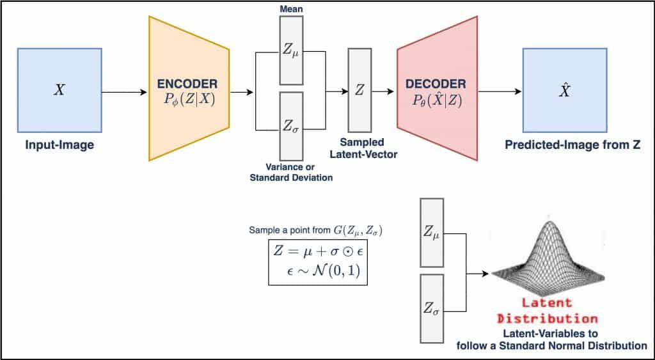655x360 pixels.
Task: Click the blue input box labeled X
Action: pyautogui.click(x=59, y=90)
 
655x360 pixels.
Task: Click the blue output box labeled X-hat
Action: pyautogui.click(x=564, y=90)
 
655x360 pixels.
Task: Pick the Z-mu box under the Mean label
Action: pyautogui.click(x=291, y=49)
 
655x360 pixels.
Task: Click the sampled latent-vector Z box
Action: pyautogui.click(x=359, y=90)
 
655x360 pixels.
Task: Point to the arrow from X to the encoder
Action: pyautogui.click(x=125, y=91)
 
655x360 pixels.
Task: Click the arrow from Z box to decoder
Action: pyautogui.click(x=383, y=91)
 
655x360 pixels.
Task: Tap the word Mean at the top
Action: pyautogui.click(x=291, y=8)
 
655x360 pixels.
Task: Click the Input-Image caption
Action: pyautogui.click(x=59, y=145)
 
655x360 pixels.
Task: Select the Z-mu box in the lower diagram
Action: pyautogui.click(x=431, y=232)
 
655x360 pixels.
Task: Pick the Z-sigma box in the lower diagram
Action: pyautogui.click(x=431, y=307)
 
